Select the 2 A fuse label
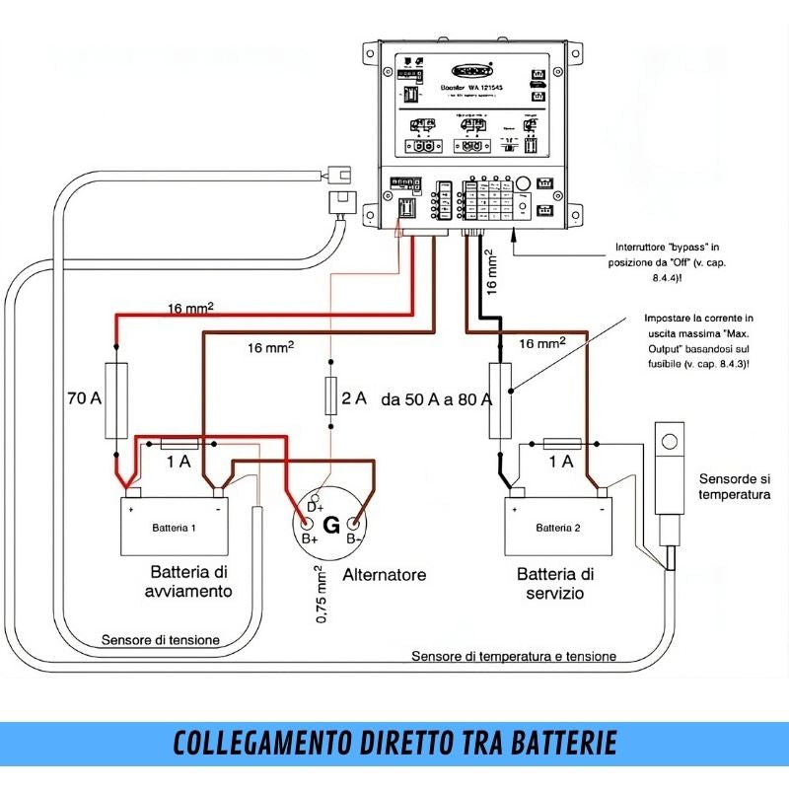click(x=353, y=398)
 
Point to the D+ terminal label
click(x=316, y=506)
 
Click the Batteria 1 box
click(x=175, y=528)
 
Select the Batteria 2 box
click(x=558, y=528)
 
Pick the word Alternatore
click(x=385, y=574)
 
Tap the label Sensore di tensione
click(x=161, y=640)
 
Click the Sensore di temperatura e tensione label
click(x=514, y=656)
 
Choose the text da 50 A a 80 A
click(x=436, y=399)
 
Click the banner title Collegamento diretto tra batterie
click(x=394, y=743)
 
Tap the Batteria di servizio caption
click(x=555, y=583)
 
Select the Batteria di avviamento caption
click(x=191, y=581)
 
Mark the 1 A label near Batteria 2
click(x=561, y=461)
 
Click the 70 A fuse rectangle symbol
click(x=116, y=399)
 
